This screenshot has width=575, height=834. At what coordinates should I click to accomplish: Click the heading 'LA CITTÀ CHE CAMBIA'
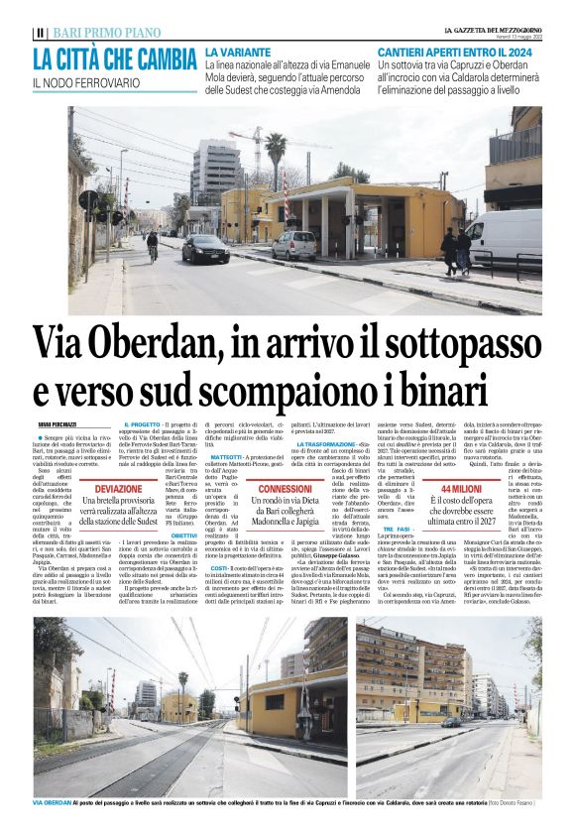tap(115, 59)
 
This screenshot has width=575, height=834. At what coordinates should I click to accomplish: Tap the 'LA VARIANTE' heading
tap(239, 50)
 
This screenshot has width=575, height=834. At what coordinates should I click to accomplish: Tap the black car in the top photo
tap(206, 248)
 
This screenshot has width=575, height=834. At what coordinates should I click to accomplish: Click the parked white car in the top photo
tap(294, 244)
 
